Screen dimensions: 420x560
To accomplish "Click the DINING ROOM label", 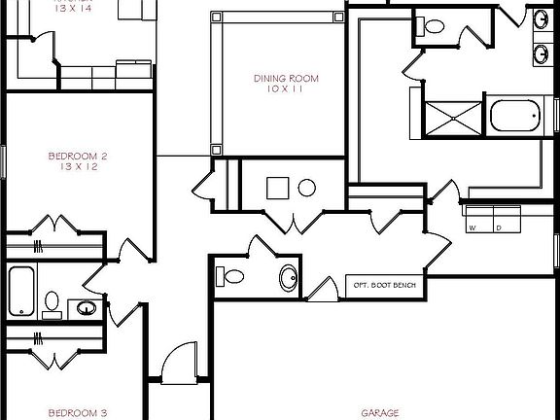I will [x=285, y=79].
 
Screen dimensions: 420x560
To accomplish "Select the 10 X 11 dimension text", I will [x=285, y=89].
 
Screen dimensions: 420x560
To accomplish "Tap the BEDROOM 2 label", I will [x=77, y=156].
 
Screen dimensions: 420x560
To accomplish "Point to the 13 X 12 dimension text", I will [x=77, y=166].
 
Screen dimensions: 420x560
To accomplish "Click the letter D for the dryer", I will [x=498, y=228].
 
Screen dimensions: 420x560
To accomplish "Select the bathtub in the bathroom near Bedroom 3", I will [x=22, y=292].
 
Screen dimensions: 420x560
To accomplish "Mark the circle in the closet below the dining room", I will [x=306, y=188].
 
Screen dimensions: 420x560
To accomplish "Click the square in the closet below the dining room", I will [x=277, y=188].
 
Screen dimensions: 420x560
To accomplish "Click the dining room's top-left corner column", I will [x=215, y=17].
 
